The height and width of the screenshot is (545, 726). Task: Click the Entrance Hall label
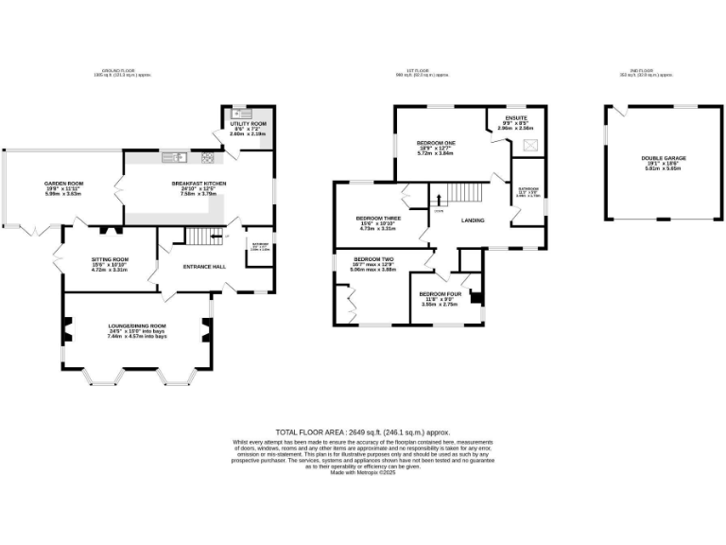[204, 267]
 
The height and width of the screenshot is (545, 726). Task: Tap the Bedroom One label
[437, 143]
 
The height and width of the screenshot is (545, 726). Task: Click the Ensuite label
[515, 118]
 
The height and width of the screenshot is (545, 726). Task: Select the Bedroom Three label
[377, 218]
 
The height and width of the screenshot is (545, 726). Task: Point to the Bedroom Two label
[372, 259]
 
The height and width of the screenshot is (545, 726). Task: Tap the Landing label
[473, 220]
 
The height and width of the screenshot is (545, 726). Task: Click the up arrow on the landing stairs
[439, 201]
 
